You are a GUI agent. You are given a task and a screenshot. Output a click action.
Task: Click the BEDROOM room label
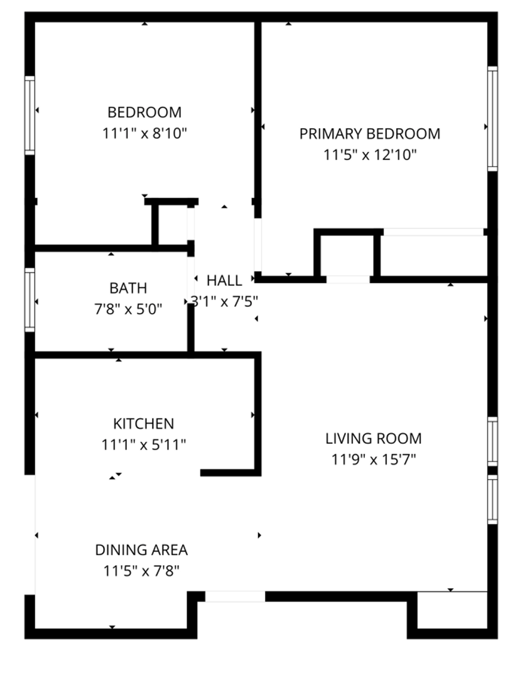[144, 112]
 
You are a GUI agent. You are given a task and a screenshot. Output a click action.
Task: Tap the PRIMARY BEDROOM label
[370, 134]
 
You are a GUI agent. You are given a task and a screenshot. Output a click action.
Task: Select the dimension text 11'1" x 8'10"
[144, 133]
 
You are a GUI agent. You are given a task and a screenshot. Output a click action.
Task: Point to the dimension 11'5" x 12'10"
[370, 154]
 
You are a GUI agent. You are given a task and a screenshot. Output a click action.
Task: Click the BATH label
[128, 288]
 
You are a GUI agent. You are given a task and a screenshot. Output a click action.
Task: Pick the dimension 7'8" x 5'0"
[128, 309]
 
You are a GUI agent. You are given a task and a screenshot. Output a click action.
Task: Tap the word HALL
[224, 281]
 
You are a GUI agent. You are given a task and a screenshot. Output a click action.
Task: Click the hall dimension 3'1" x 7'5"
[225, 301]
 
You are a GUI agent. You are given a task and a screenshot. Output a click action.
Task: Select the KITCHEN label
[144, 424]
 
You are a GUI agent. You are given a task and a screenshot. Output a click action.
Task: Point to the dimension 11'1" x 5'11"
[144, 444]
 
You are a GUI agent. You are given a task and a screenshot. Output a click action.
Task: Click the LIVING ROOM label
[373, 438]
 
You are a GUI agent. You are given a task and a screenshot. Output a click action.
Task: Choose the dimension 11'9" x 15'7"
[373, 459]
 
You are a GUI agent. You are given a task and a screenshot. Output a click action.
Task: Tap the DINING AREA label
[141, 550]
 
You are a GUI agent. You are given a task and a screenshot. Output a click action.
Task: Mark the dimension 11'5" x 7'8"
[141, 571]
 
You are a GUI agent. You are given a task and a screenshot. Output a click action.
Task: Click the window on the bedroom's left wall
[30, 116]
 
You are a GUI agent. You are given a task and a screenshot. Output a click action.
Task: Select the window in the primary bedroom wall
[492, 119]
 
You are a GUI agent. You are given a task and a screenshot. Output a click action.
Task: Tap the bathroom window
[30, 300]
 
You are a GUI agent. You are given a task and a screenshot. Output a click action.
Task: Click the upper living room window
[492, 441]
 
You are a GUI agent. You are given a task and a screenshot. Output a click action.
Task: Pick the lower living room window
[492, 500]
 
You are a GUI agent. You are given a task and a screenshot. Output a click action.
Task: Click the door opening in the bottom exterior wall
[235, 597]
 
